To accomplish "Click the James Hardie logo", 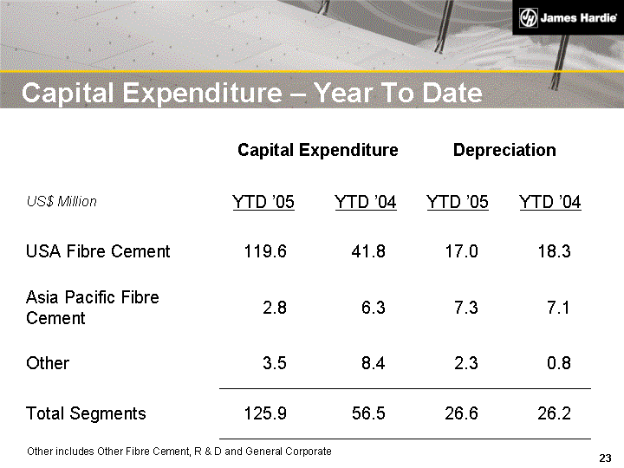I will [x=568, y=18].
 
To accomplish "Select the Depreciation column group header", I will [x=504, y=150].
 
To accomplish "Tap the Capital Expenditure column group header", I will [x=317, y=150].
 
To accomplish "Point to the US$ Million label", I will [x=62, y=201].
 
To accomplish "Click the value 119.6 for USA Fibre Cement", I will [x=264, y=251].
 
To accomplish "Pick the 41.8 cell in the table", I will [x=368, y=251].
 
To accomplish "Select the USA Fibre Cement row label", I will [x=98, y=251].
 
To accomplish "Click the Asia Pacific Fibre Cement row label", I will [x=93, y=308].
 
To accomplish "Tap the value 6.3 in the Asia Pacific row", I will [x=373, y=308].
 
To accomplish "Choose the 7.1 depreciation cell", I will [x=558, y=308].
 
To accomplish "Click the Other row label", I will [x=48, y=363].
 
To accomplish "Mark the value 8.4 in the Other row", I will [x=373, y=363].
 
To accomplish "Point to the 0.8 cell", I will [x=559, y=363].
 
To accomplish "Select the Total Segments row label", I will [x=86, y=413].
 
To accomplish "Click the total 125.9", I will [x=265, y=413].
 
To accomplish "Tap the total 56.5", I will [x=368, y=413].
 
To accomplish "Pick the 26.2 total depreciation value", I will [x=554, y=413].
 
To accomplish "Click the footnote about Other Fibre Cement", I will [x=179, y=452].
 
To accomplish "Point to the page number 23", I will [x=605, y=458].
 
